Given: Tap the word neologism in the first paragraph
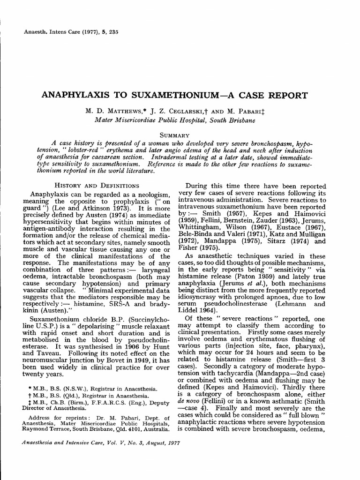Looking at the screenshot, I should point(150,195).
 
